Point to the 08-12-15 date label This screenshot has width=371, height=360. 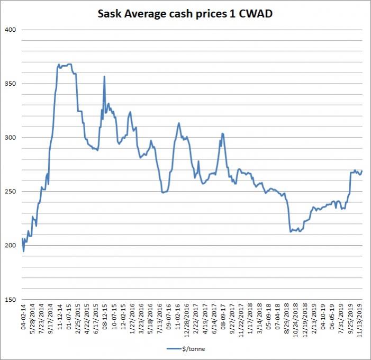[105, 321]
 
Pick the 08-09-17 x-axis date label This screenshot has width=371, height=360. [223, 321]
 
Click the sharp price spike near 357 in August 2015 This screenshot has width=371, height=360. [104, 76]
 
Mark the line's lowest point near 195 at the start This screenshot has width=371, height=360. [24, 251]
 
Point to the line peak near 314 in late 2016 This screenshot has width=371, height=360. [179, 123]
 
